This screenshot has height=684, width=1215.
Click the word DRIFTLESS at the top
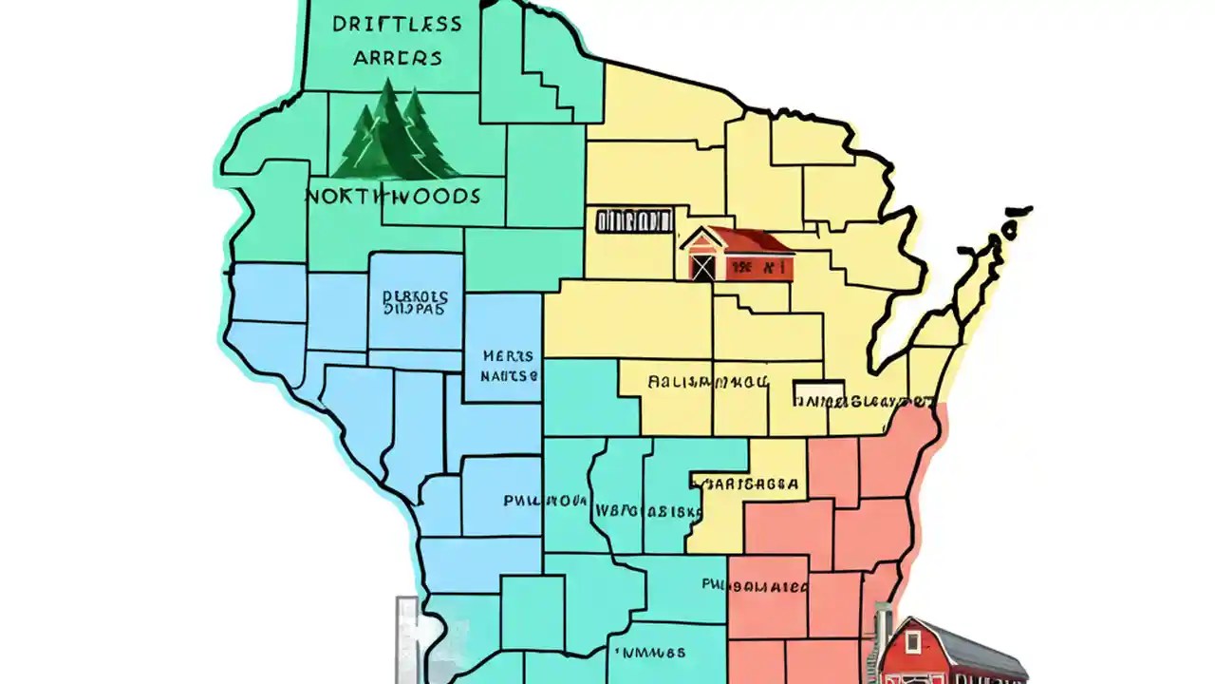(398, 24)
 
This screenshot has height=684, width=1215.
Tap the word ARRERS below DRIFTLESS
(398, 58)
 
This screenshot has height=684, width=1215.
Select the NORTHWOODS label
(393, 197)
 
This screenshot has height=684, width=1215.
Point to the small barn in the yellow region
(737, 254)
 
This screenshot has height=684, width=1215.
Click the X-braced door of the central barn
(702, 265)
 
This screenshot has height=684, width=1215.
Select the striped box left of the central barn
(633, 221)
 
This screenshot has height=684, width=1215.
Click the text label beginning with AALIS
(707, 383)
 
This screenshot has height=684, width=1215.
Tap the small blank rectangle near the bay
(817, 390)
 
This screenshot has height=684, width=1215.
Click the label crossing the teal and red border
(755, 585)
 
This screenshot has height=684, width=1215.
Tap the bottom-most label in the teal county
(649, 654)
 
